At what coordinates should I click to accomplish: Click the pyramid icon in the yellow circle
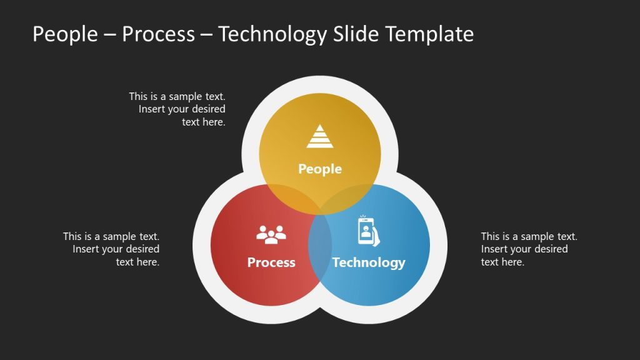pos(319,136)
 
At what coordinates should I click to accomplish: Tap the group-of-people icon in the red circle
pos(271,234)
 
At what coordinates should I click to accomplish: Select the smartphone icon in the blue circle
pos(369,231)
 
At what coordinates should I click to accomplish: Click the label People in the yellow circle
pos(319,169)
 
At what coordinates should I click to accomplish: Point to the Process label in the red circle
pos(271,262)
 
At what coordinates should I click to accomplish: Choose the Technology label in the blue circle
pos(369,262)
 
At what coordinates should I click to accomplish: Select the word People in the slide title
pos(65,34)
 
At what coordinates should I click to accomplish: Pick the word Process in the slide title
pos(158,34)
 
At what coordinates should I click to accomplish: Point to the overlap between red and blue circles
pos(320,250)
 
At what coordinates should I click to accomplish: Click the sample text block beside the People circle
pos(177,109)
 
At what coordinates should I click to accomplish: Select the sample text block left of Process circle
pos(111,249)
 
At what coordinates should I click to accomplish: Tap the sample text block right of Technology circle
pos(528,249)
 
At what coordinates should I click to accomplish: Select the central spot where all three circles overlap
pos(320,209)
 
